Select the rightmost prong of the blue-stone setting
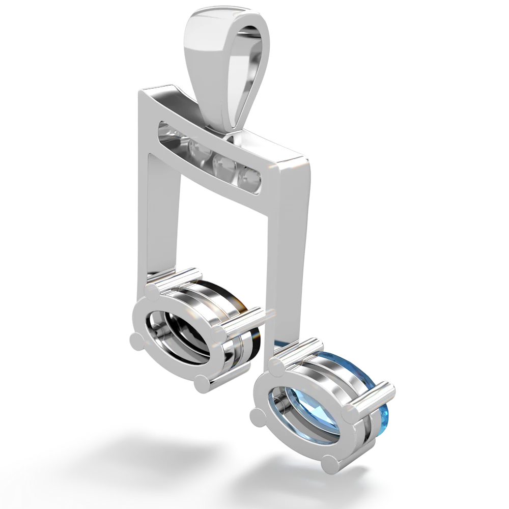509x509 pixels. pyautogui.click(x=350, y=418)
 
